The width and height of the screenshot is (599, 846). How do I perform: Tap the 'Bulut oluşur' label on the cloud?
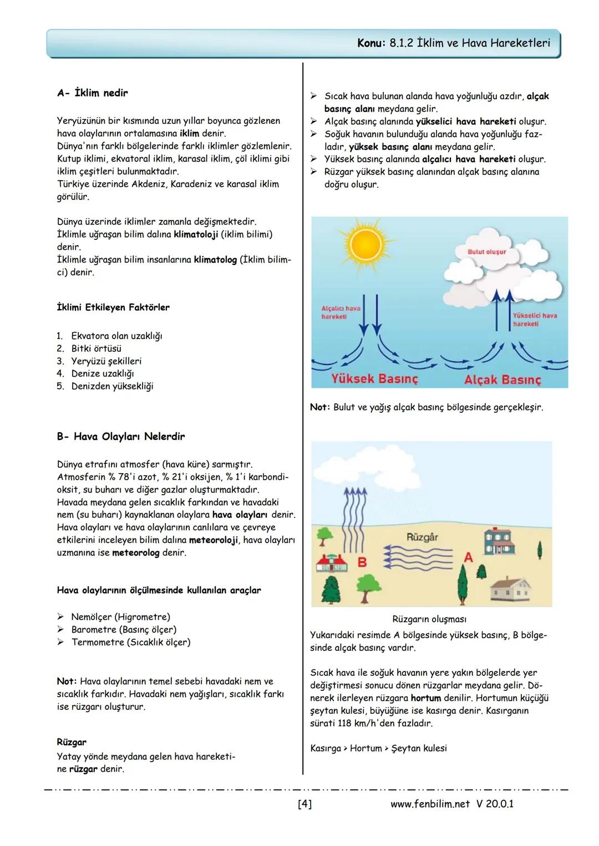(x=487, y=252)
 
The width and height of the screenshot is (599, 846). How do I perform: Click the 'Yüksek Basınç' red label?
(x=374, y=378)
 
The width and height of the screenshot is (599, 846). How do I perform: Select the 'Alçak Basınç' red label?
(x=502, y=380)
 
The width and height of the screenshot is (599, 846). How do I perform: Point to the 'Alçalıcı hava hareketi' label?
(x=341, y=312)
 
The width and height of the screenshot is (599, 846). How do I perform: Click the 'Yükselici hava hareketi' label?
(x=535, y=319)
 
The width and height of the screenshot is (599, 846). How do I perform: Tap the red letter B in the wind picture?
(x=362, y=562)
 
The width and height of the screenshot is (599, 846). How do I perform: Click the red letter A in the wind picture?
(x=468, y=557)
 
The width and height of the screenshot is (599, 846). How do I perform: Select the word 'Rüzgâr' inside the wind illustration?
(x=422, y=537)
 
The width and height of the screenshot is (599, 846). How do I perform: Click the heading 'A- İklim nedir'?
(x=92, y=93)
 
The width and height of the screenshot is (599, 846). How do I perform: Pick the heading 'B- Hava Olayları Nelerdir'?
(x=120, y=437)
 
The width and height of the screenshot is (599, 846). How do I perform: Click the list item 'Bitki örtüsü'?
(x=96, y=348)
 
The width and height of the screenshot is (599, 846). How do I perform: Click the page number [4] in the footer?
(x=304, y=804)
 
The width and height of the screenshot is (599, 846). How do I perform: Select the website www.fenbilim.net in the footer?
(x=430, y=804)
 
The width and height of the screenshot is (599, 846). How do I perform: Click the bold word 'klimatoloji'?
(x=196, y=234)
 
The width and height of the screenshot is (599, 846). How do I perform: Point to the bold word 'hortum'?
(x=425, y=698)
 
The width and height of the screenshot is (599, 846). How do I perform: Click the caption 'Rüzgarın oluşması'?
(x=429, y=619)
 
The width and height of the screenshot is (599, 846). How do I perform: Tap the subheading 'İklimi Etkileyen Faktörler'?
(x=113, y=307)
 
